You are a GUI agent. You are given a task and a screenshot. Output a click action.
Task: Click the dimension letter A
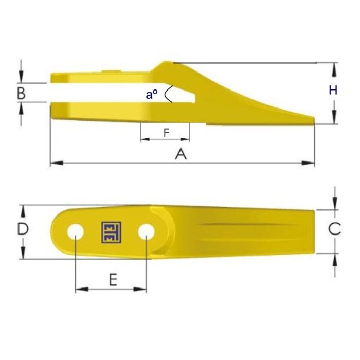tap(180, 153)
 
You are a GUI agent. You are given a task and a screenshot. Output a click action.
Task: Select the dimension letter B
tap(21, 93)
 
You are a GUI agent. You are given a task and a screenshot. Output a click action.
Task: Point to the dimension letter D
tap(22, 229)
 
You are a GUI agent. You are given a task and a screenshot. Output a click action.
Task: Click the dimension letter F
tap(166, 132)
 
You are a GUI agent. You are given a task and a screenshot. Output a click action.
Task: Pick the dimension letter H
tap(333, 91)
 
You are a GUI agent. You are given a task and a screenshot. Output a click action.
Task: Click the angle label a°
tap(151, 94)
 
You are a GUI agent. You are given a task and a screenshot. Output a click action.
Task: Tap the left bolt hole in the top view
tap(76, 231)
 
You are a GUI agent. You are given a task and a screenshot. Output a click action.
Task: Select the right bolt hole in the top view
tap(146, 231)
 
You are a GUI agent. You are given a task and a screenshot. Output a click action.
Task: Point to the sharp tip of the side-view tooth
tap(314, 120)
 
